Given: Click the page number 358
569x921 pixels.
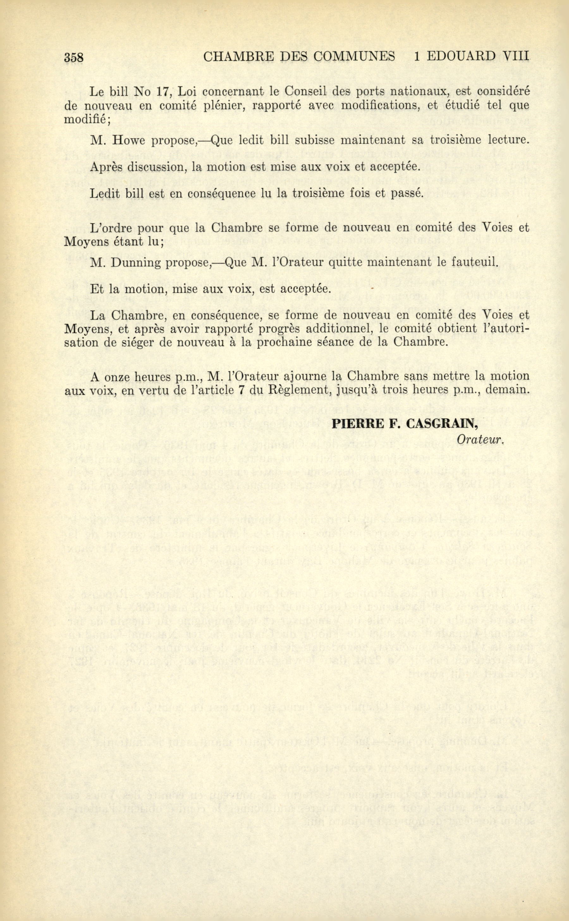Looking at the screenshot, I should pyautogui.click(x=73, y=58).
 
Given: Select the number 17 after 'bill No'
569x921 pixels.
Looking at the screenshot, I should pyautogui.click(x=164, y=91).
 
